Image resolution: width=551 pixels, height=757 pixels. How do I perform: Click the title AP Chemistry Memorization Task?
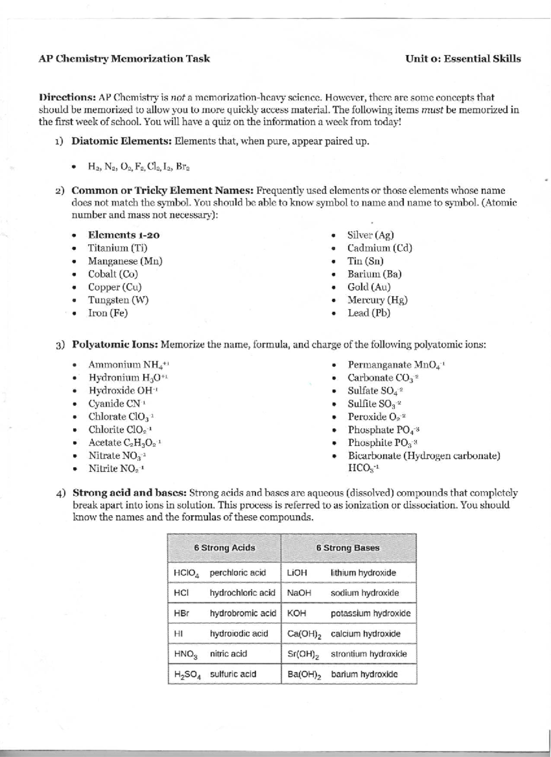124,59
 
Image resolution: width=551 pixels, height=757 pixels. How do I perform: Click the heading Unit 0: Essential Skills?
462,59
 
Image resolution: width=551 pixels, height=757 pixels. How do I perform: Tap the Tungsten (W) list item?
118,300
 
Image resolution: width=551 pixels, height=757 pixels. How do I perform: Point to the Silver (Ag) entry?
370,235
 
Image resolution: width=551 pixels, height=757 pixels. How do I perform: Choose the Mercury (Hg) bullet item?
377,300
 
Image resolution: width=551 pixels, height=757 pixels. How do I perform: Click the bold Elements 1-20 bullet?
124,235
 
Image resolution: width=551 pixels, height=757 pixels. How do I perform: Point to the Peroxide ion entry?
376,417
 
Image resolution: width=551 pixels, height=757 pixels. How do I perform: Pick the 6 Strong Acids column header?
224,548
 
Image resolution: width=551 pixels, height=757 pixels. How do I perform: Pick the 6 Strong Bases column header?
348,548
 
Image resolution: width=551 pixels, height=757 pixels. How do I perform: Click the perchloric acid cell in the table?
237,573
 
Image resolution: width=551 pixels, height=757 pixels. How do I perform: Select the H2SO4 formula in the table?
187,675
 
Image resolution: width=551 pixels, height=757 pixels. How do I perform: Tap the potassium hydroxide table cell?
370,614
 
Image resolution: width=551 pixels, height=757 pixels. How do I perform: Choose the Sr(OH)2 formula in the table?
303,654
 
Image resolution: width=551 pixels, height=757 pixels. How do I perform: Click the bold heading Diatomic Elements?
121,141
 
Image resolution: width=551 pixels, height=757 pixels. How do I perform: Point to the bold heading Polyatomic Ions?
115,345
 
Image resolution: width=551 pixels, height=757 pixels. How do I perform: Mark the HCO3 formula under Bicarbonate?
362,468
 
